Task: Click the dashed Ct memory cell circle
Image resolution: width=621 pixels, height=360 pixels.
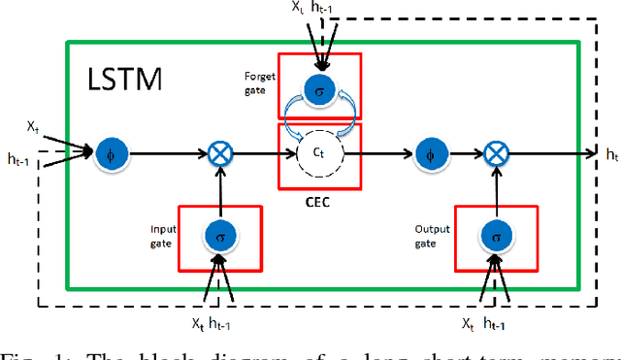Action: [320, 153]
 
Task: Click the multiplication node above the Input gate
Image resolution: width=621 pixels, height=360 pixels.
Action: [221, 152]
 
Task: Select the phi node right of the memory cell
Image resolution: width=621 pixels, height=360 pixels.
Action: [426, 152]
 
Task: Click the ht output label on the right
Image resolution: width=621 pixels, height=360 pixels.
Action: [611, 155]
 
